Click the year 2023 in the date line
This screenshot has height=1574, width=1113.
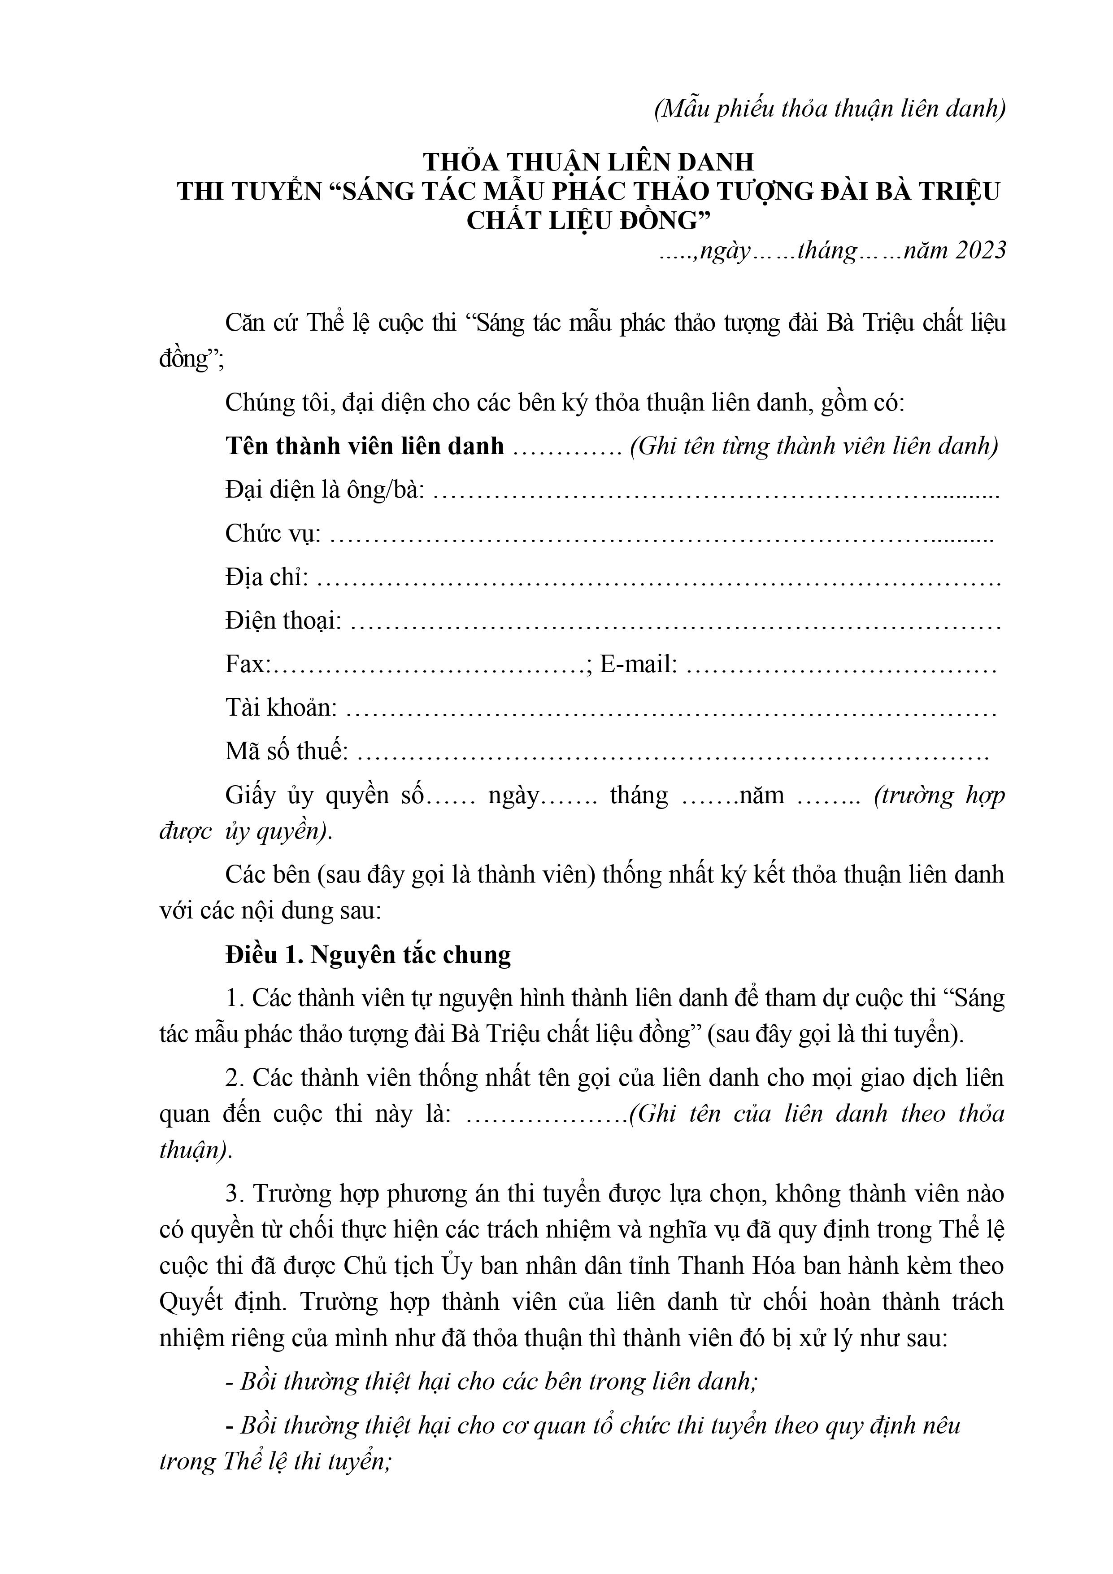(980, 251)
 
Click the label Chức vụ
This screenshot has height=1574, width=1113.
(273, 533)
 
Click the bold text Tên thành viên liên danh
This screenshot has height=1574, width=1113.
(365, 446)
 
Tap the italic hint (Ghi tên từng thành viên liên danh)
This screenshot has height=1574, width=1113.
(813, 446)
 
